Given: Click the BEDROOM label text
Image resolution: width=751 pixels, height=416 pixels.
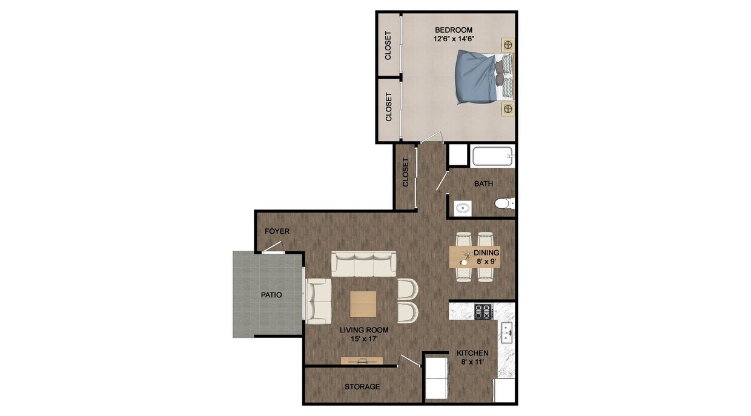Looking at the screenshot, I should click(x=454, y=30).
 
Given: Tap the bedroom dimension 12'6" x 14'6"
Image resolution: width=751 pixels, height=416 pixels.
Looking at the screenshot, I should click(x=454, y=39).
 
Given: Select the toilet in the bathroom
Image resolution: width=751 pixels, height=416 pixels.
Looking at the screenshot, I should click(x=503, y=203).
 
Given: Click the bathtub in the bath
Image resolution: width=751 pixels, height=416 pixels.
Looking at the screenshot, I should click(x=492, y=157).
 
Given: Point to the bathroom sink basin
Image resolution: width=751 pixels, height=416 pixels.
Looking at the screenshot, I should click(x=463, y=208).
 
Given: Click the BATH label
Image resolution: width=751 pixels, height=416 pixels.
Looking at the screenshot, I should click(x=483, y=183).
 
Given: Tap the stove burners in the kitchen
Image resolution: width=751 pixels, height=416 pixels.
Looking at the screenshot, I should click(x=483, y=312).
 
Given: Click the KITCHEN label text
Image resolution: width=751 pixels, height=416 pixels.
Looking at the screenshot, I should click(x=472, y=353).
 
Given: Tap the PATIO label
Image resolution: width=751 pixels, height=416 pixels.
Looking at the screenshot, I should click(x=271, y=295).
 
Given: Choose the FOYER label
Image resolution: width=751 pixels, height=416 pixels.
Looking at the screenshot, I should click(x=277, y=231).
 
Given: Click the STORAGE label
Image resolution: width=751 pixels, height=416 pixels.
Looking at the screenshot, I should click(x=362, y=386).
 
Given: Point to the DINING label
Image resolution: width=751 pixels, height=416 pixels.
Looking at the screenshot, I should click(x=486, y=253).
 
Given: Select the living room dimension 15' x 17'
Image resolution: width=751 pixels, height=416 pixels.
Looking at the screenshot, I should click(x=364, y=339).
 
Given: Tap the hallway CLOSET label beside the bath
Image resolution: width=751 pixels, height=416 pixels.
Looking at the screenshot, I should click(x=406, y=172).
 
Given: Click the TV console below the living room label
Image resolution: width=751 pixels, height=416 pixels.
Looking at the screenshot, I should click(x=362, y=361).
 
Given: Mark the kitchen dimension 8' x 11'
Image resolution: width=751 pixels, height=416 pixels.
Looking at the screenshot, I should click(x=472, y=362).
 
